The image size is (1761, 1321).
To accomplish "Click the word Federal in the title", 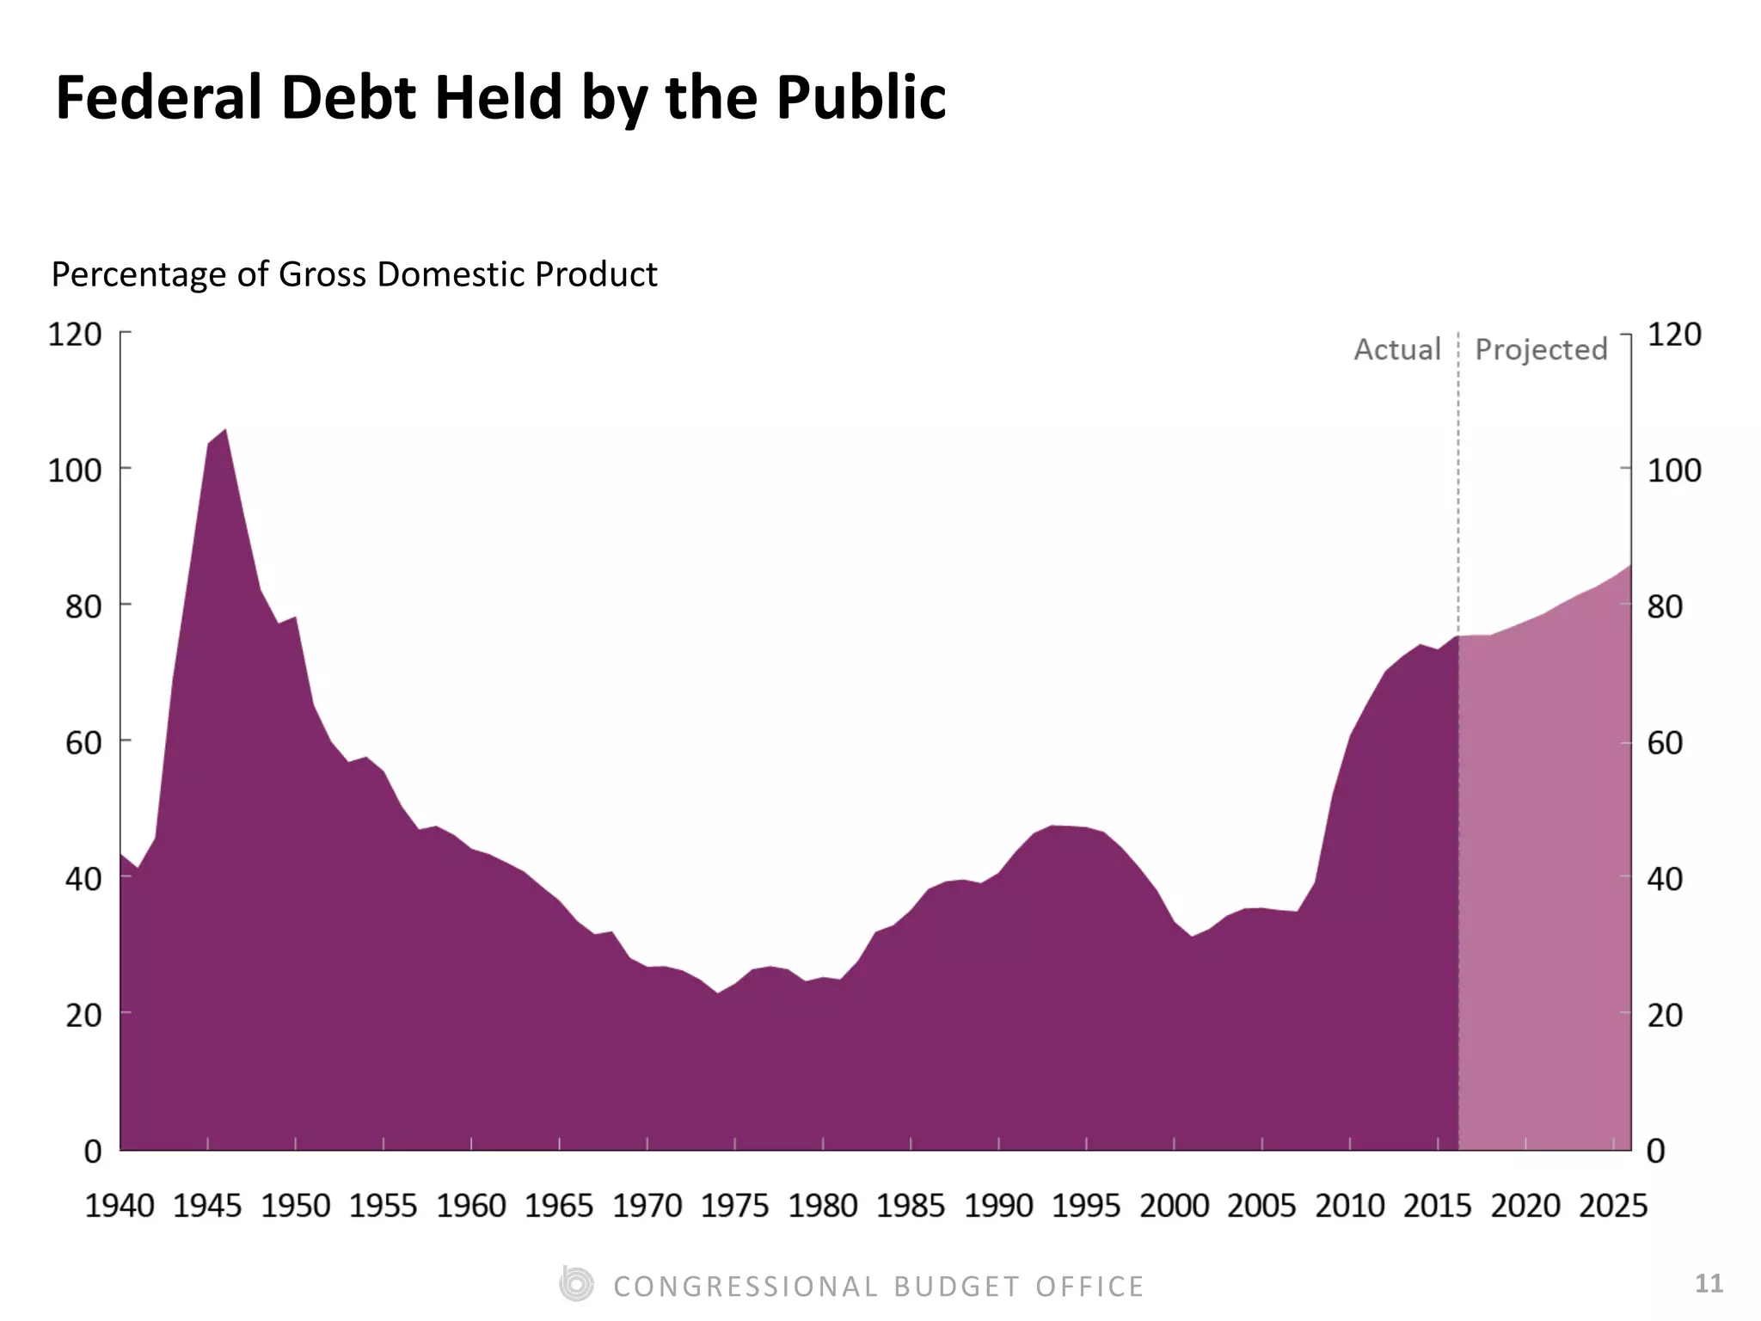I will [x=158, y=97].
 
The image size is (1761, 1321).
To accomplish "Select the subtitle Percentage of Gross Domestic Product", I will [x=353, y=274].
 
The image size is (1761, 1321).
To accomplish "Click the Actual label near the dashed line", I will [x=1396, y=349].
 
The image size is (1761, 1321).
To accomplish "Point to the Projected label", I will [x=1541, y=349].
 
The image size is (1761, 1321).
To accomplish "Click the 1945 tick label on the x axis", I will [x=207, y=1206].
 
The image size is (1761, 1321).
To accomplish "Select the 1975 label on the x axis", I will [x=734, y=1206].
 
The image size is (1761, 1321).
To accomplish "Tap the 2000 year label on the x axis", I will [x=1174, y=1206].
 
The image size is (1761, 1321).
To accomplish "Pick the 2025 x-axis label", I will [x=1613, y=1206].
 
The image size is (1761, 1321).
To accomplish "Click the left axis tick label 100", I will [x=75, y=470].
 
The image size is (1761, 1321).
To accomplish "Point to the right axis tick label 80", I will [x=1665, y=606].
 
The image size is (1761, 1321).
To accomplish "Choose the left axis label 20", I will [x=83, y=1015].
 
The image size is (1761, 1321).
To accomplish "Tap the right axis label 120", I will [x=1673, y=334].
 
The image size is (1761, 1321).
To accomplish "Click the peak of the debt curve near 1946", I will [x=225, y=429].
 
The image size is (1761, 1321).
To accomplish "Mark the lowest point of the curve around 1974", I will [x=717, y=993].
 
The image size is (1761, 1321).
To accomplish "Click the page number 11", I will [x=1709, y=1283].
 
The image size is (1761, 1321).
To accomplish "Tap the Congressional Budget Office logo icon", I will [x=576, y=1284].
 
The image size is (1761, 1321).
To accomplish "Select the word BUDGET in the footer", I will [x=956, y=1287].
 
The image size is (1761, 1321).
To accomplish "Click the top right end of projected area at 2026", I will [x=1629, y=565].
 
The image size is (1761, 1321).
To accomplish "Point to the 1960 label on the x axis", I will [x=470, y=1206].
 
